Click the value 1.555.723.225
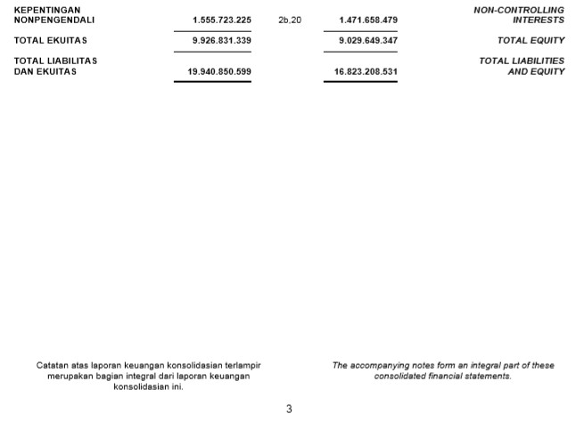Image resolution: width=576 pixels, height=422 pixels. (x=221, y=20)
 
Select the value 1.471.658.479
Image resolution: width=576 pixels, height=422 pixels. (x=368, y=20)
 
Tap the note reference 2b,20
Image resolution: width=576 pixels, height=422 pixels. (x=290, y=20)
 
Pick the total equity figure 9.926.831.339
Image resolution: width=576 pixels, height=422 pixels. (x=221, y=41)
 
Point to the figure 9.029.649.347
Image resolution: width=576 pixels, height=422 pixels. (x=368, y=41)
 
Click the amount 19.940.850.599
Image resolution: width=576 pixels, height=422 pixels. (x=219, y=72)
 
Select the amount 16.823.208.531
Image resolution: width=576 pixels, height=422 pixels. (x=366, y=72)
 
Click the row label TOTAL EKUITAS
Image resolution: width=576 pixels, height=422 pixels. (x=51, y=41)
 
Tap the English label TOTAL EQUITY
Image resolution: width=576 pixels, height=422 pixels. (x=531, y=41)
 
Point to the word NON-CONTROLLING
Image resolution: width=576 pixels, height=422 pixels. (x=519, y=10)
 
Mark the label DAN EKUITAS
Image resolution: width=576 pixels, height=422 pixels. (x=45, y=72)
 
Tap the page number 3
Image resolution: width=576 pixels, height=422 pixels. (x=289, y=410)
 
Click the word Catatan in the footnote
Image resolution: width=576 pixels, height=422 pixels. (x=51, y=365)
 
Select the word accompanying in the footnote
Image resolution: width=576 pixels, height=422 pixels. (x=381, y=365)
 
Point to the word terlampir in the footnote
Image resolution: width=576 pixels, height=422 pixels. (x=243, y=365)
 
